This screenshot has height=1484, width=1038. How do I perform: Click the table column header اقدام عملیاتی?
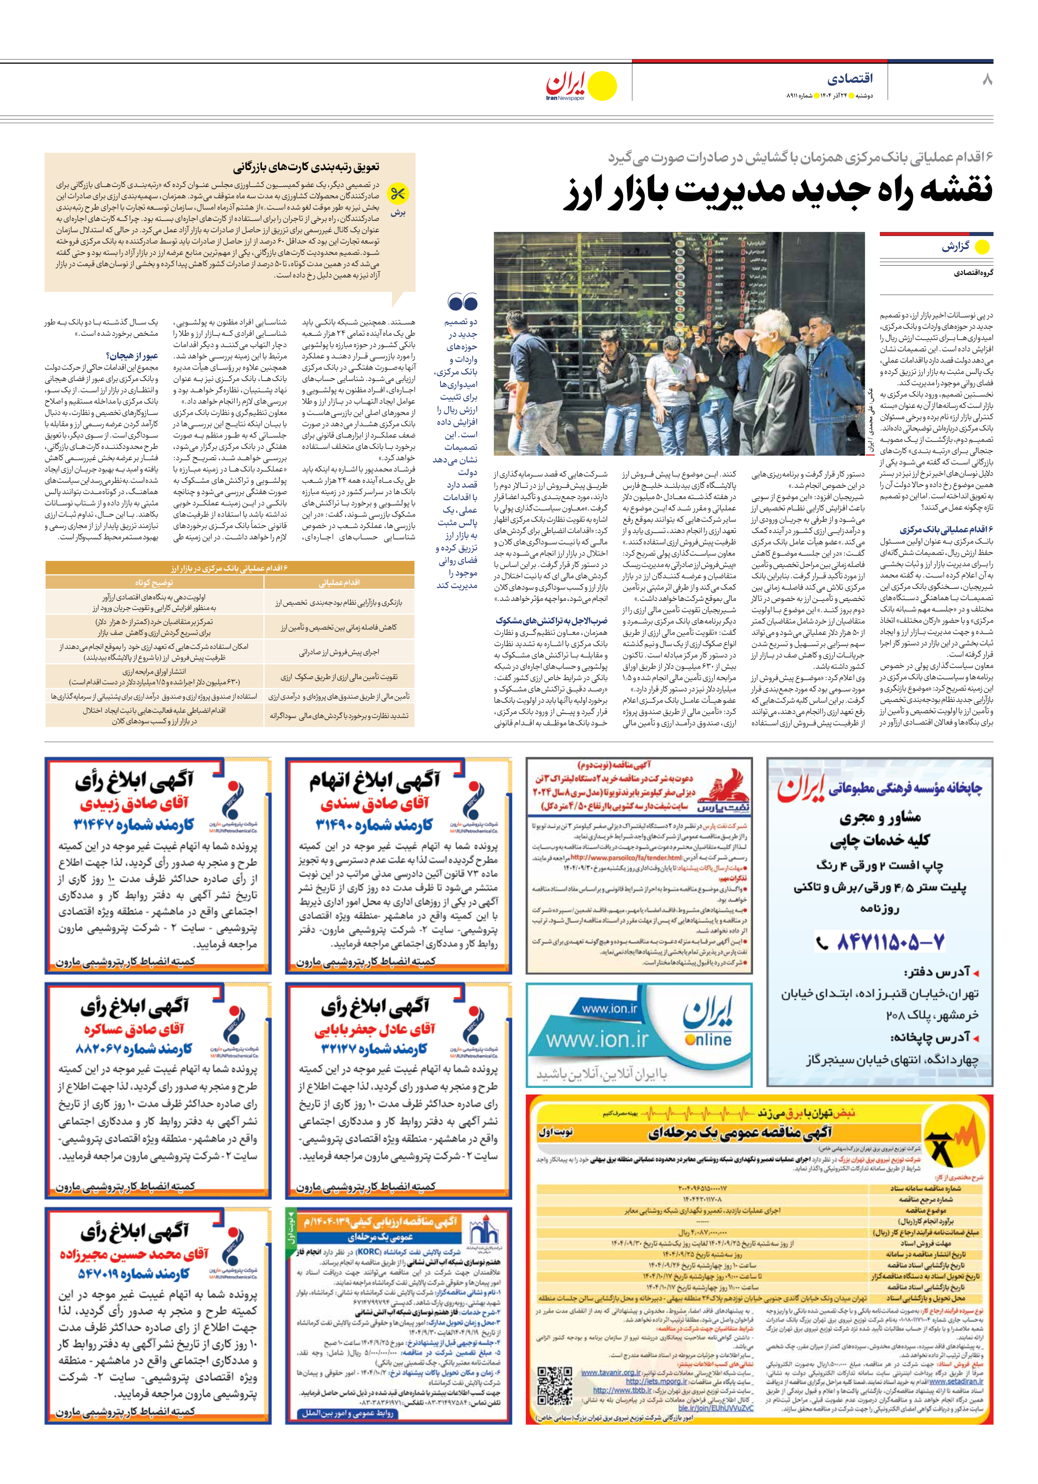(339, 582)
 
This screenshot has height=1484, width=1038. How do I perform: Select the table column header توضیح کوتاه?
(154, 582)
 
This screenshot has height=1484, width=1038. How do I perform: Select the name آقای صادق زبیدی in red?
(134, 803)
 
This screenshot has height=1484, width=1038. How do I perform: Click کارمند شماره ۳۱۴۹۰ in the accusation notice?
(374, 825)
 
